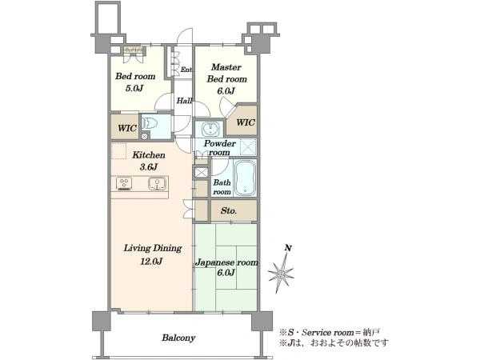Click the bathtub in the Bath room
[245, 178]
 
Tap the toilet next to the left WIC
[150, 124]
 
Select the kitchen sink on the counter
[158, 184]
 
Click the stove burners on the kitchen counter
[124, 184]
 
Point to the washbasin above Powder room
[210, 129]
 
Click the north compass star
[281, 273]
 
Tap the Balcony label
[178, 338]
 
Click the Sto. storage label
[229, 210]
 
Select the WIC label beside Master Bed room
[246, 122]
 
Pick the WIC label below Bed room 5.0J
[127, 128]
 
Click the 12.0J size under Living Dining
[151, 261]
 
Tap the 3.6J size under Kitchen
[149, 167]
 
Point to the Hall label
[185, 101]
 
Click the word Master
[226, 67]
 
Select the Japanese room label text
[227, 262]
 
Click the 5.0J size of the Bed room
[134, 89]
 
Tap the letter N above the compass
[287, 248]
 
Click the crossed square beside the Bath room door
[201, 172]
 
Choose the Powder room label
[220, 148]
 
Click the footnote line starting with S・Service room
[330, 333]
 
